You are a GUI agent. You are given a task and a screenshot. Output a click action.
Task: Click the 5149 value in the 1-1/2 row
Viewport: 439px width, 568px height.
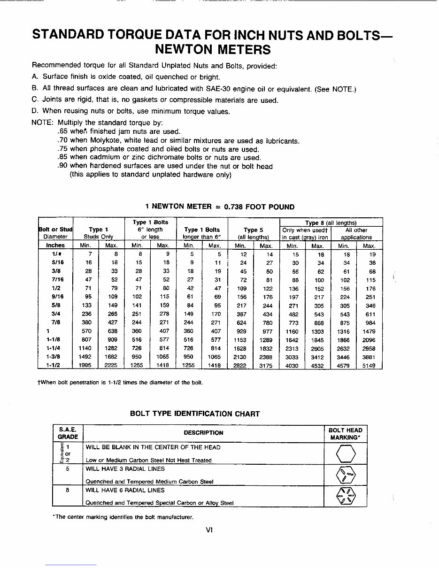point(369,366)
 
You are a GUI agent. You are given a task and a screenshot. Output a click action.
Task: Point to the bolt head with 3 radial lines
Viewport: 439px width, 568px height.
point(346,475)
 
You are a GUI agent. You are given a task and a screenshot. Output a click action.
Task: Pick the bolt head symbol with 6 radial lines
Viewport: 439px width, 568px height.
point(346,496)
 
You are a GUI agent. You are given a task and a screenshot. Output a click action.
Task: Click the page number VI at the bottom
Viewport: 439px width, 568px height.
point(209,530)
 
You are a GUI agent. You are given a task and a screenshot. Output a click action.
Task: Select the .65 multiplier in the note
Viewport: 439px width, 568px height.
point(62,132)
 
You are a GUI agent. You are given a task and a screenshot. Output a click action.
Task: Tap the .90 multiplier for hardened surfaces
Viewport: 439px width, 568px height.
point(62,166)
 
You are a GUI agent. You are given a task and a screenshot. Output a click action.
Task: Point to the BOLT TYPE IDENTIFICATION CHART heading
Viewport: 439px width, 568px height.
point(194,414)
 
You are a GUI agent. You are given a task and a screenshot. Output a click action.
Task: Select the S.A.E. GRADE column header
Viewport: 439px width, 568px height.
point(68,433)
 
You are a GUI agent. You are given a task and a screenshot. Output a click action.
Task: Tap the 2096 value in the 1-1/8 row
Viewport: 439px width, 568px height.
point(369,340)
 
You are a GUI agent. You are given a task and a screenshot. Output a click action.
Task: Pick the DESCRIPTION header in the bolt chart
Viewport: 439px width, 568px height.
point(203,433)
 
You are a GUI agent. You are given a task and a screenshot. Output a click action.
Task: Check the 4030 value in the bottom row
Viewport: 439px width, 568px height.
point(292,366)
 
